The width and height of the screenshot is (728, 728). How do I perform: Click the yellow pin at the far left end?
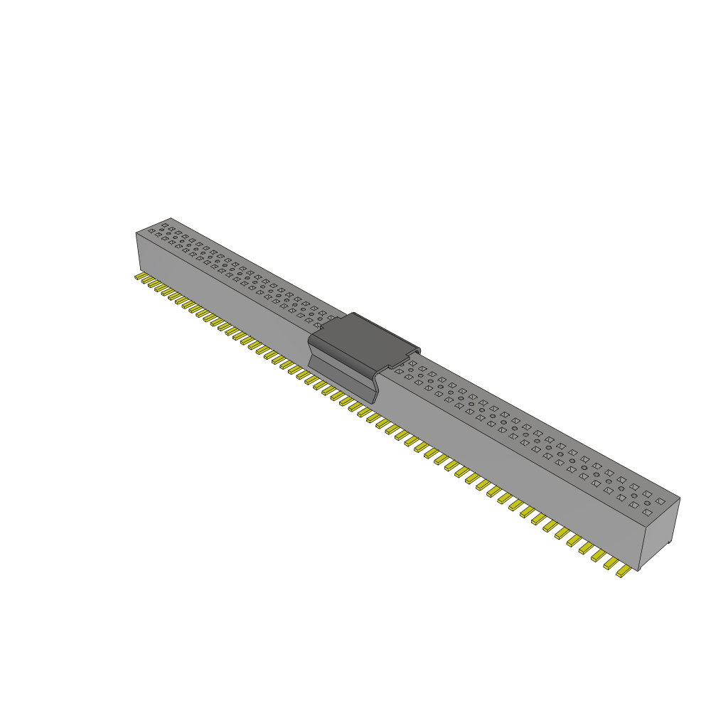pos(139,277)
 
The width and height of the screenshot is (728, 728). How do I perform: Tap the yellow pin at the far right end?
pos(623,572)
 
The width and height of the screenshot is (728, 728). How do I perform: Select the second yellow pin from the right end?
pos(610,564)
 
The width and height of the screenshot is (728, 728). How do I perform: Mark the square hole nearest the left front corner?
pos(151,232)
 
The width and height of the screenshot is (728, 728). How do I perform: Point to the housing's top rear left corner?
pos(171,218)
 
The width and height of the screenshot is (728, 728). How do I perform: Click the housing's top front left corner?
pos(136,232)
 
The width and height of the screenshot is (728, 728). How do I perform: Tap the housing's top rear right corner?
pos(680,498)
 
